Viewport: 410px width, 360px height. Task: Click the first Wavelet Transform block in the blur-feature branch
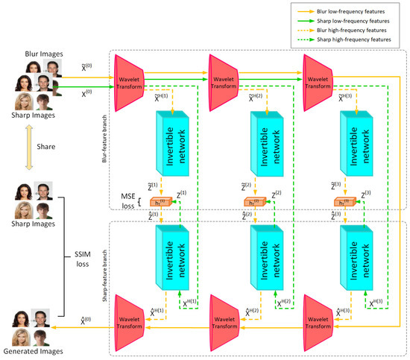coord(129,79)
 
